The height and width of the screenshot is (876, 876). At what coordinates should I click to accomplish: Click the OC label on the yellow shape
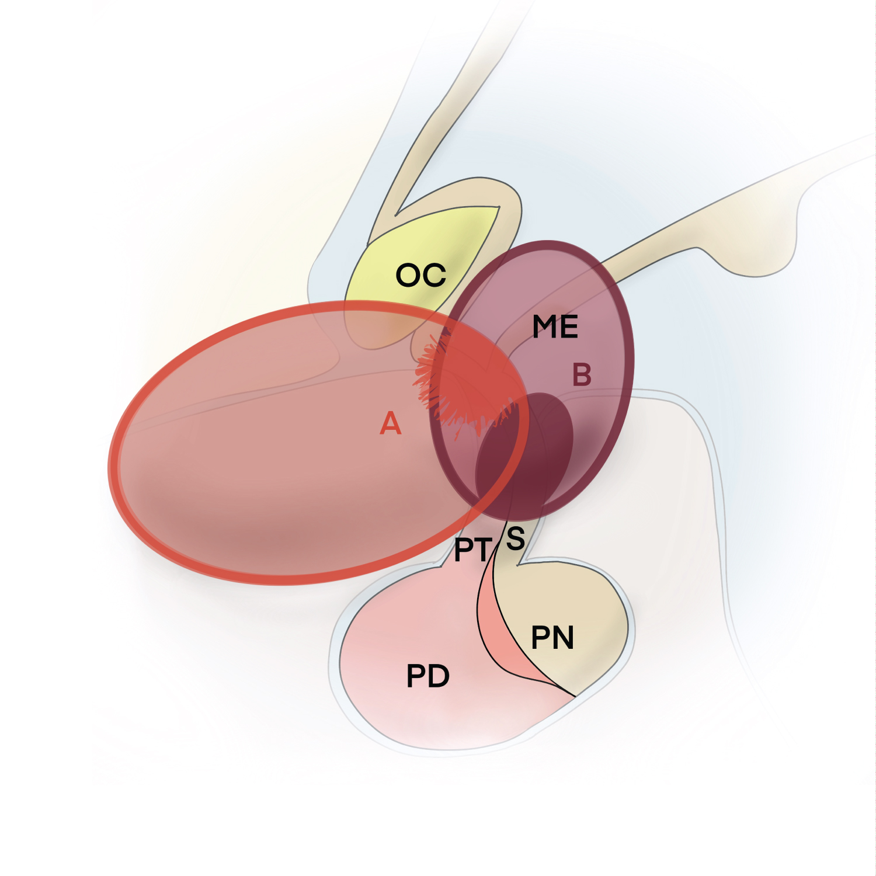(420, 275)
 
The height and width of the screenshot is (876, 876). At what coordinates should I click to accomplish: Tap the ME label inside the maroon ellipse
(555, 327)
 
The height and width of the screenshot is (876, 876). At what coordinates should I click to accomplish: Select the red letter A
(391, 423)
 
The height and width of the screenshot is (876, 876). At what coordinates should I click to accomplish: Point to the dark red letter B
(582, 375)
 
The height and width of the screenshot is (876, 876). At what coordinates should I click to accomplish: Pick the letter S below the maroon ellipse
(515, 538)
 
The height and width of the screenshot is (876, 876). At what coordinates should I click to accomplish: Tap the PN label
(552, 638)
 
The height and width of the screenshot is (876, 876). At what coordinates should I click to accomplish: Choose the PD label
(427, 677)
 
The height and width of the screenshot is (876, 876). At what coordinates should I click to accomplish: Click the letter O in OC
(409, 275)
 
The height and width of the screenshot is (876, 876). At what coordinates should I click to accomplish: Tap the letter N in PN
(563, 638)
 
